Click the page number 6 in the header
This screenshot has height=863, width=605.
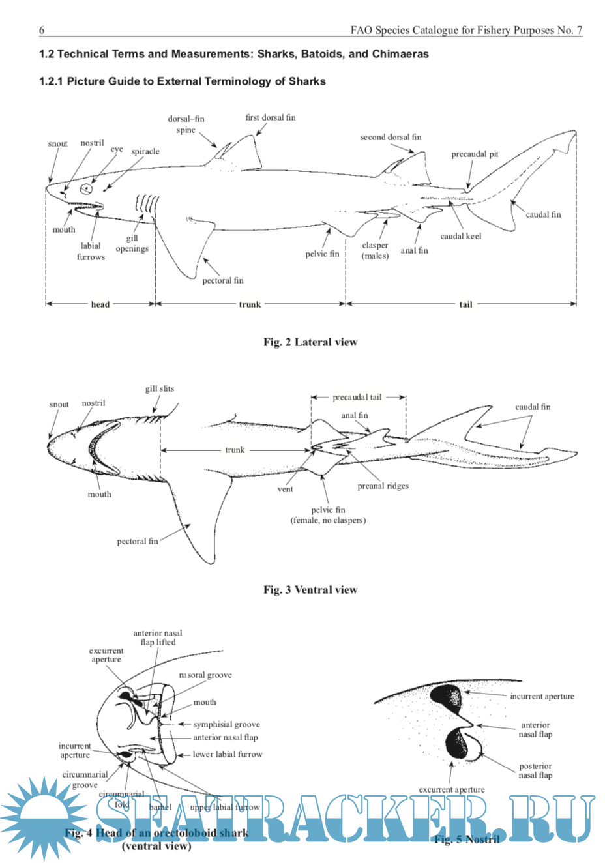(42, 30)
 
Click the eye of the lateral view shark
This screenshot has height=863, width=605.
(86, 189)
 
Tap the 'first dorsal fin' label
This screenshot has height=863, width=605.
(270, 117)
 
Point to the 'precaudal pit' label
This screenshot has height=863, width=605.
(475, 154)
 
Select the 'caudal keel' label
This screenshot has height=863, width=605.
(460, 236)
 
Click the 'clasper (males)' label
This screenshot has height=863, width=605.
(375, 250)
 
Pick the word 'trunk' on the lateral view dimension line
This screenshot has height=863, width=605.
(250, 304)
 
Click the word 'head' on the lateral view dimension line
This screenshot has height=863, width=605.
(100, 304)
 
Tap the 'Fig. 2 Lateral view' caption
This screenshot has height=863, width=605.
(310, 342)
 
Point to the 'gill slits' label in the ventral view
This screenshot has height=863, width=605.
(159, 388)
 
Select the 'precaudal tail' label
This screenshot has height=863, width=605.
(357, 397)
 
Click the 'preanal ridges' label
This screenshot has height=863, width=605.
(383, 486)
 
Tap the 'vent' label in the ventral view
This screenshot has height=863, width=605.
(285, 489)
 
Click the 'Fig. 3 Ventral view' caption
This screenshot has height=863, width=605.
(310, 590)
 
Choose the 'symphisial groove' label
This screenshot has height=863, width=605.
(226, 724)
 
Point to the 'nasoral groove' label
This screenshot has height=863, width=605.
(205, 675)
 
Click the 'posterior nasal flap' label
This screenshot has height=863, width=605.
(535, 770)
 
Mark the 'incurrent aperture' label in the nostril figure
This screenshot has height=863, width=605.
(542, 696)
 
